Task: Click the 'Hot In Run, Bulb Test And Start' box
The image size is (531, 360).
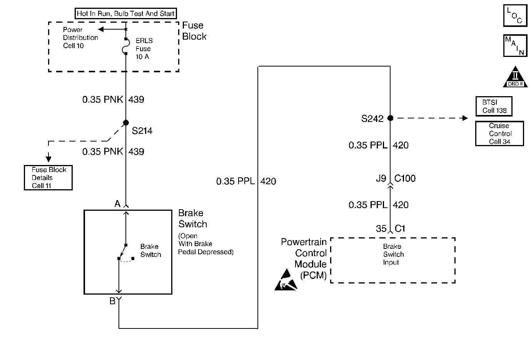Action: click(126, 13)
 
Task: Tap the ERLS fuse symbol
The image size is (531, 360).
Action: click(126, 46)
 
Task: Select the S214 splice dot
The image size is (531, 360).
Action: click(126, 123)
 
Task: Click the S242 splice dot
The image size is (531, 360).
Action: click(390, 118)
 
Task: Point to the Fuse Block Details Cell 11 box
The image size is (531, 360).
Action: click(48, 178)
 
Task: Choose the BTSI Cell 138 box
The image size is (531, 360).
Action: click(494, 106)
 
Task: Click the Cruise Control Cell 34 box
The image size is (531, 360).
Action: click(499, 133)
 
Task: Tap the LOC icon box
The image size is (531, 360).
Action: click(515, 15)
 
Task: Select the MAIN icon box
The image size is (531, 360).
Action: click(515, 45)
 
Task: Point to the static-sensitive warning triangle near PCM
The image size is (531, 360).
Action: click(286, 280)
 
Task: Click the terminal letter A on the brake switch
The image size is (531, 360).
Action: click(118, 203)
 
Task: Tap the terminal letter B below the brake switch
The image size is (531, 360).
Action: click(112, 301)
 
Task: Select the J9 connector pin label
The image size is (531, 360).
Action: click(381, 178)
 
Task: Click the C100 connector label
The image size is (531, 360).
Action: click(405, 178)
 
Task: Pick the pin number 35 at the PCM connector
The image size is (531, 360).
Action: click(381, 228)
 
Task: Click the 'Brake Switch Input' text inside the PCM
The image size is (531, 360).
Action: click(394, 254)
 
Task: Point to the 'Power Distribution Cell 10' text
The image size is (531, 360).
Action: click(80, 38)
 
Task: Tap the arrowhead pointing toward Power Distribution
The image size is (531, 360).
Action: click(101, 29)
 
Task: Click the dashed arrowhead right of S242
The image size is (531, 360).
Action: click(465, 118)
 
